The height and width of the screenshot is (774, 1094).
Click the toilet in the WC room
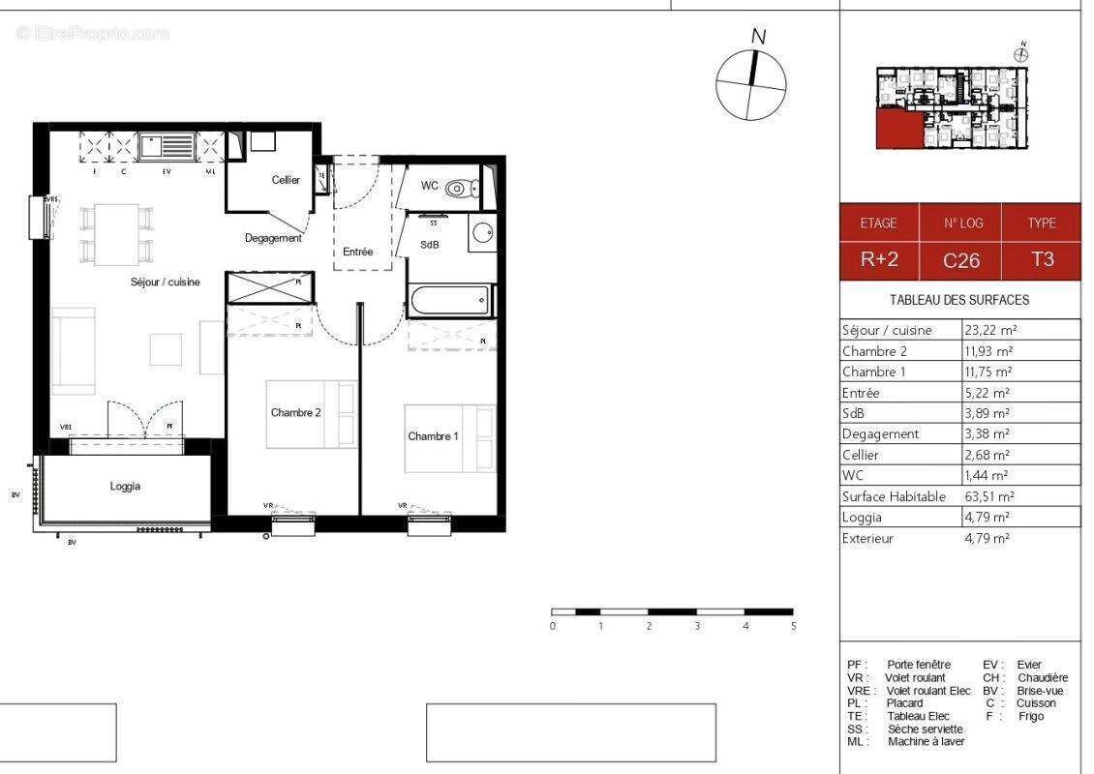(463, 188)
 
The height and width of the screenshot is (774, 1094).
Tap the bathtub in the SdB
(451, 300)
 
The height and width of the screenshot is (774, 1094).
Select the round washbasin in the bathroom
(481, 233)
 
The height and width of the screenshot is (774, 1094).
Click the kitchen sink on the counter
(167, 147)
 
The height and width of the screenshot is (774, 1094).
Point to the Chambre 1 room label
(433, 436)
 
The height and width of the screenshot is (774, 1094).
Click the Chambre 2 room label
(295, 413)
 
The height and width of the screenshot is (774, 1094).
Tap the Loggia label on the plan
(125, 487)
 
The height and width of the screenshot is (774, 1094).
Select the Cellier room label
(286, 180)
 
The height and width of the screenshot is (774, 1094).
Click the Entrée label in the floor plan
(357, 252)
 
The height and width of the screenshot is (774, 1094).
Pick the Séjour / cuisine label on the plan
(166, 282)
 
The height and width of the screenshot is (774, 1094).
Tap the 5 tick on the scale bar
(793, 626)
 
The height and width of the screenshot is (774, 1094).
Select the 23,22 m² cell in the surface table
(988, 330)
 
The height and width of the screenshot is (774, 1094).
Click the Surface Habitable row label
(894, 496)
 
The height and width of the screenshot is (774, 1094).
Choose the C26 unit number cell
(961, 260)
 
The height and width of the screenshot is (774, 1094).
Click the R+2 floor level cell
(878, 260)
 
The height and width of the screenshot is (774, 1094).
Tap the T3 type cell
(1042, 260)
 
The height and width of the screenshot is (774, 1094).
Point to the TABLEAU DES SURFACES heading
(959, 300)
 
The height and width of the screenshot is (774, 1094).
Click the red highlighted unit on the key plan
(895, 128)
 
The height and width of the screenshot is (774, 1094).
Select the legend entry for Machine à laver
(905, 741)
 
